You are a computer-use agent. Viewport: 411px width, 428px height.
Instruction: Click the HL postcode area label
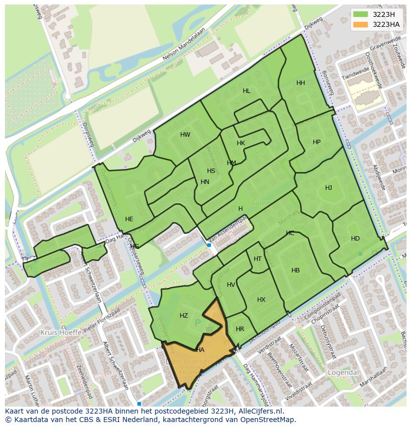246,91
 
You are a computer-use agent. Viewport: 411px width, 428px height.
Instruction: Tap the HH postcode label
300,83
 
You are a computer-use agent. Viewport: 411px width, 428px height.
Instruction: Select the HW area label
185,135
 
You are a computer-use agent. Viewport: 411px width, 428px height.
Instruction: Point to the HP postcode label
317,142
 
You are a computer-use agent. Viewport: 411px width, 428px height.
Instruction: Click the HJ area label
329,188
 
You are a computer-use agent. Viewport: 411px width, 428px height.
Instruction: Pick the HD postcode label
355,239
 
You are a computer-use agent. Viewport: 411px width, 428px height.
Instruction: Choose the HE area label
129,219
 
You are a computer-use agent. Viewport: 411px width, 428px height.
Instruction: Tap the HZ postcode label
184,316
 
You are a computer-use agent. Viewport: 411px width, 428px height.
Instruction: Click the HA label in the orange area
200,350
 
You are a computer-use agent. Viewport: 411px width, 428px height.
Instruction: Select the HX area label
261,300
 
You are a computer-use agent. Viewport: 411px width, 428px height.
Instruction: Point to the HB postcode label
295,270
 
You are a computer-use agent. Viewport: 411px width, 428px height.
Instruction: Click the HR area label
240,329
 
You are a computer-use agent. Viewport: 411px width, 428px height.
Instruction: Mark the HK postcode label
241,143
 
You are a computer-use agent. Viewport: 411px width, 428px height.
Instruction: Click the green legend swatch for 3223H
361,14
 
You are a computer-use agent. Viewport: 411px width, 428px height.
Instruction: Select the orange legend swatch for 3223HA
361,24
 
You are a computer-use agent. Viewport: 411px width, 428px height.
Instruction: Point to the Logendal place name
342,372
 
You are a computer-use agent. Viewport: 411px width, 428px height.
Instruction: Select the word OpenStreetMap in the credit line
271,420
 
